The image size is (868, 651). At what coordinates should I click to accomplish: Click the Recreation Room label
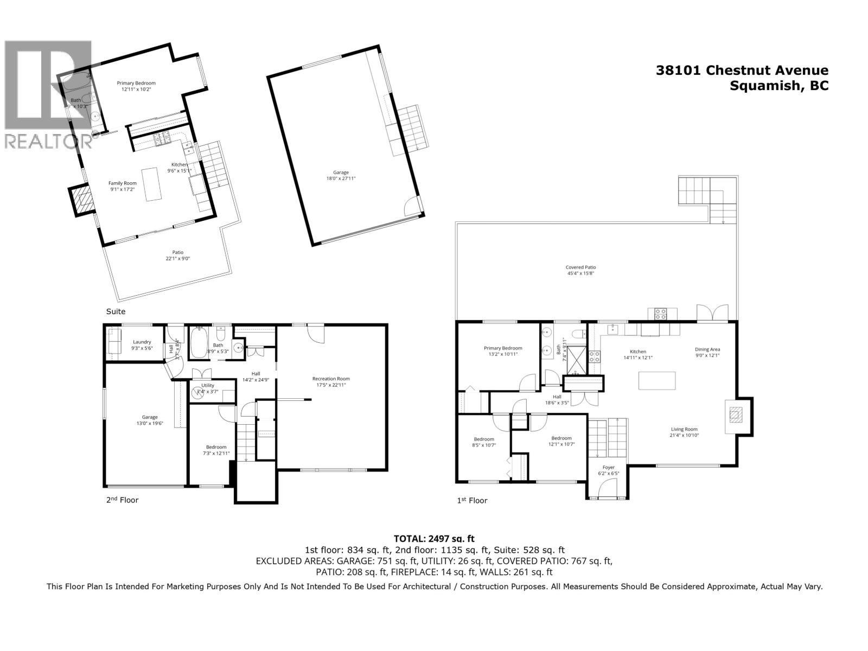point(331,379)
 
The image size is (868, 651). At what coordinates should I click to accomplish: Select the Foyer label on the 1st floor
point(609,467)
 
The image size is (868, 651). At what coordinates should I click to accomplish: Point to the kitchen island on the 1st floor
point(657,380)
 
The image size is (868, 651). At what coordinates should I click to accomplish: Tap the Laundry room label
point(142,342)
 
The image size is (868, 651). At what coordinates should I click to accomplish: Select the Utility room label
point(208,385)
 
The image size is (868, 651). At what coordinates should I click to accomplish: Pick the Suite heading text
point(116,311)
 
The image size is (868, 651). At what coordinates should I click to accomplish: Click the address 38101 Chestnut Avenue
point(742,70)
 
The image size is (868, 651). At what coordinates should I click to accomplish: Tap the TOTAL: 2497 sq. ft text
point(434,539)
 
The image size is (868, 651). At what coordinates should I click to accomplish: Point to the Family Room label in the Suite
point(123,183)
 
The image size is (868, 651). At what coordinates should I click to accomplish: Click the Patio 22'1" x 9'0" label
point(178,256)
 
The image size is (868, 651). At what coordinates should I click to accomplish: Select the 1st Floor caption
point(472,500)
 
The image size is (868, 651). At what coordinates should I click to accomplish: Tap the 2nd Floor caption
point(122,500)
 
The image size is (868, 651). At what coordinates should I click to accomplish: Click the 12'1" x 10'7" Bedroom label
point(561,441)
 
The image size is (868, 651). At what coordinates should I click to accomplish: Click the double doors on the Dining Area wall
point(712,314)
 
